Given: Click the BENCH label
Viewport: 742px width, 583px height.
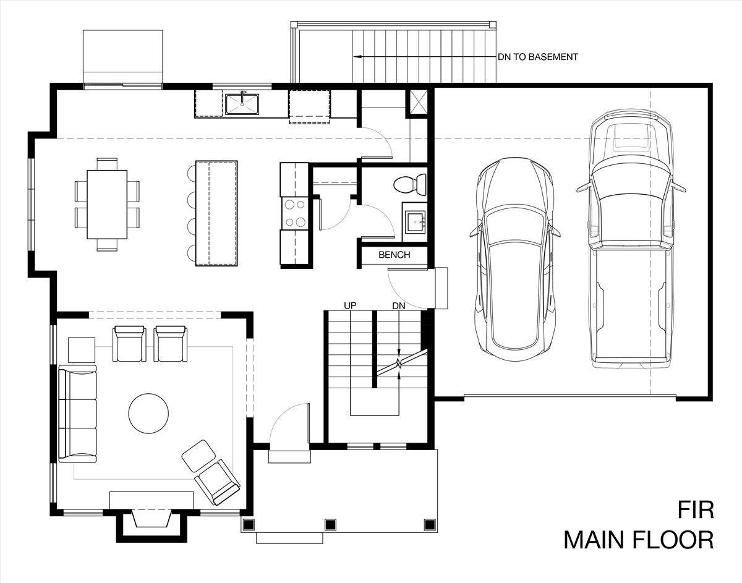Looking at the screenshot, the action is (x=394, y=255).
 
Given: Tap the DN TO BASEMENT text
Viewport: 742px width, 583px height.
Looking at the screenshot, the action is (x=538, y=57).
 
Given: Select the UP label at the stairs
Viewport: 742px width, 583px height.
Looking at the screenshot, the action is (x=350, y=306).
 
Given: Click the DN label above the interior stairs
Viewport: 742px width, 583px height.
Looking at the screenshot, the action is (x=398, y=306).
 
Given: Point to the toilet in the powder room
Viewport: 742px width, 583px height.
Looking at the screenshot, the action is (x=410, y=185).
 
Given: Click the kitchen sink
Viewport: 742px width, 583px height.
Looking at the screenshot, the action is (x=242, y=104).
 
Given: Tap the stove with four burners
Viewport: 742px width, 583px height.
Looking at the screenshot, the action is (x=295, y=213).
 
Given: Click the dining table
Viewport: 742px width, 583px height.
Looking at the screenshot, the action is (x=107, y=205).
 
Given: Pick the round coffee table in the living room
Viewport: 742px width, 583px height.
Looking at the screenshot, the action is (x=148, y=414).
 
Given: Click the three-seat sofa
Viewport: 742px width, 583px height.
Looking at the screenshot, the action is (x=78, y=414).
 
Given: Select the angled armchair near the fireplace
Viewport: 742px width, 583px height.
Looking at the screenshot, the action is (x=217, y=482).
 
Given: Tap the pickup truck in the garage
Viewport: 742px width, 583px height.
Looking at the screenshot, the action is (x=631, y=239).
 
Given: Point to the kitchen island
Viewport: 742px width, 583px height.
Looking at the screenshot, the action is (x=216, y=213).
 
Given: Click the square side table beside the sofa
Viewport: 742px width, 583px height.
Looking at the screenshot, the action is (x=82, y=350).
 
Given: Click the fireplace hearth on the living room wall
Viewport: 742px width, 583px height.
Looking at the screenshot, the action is (x=151, y=500).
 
